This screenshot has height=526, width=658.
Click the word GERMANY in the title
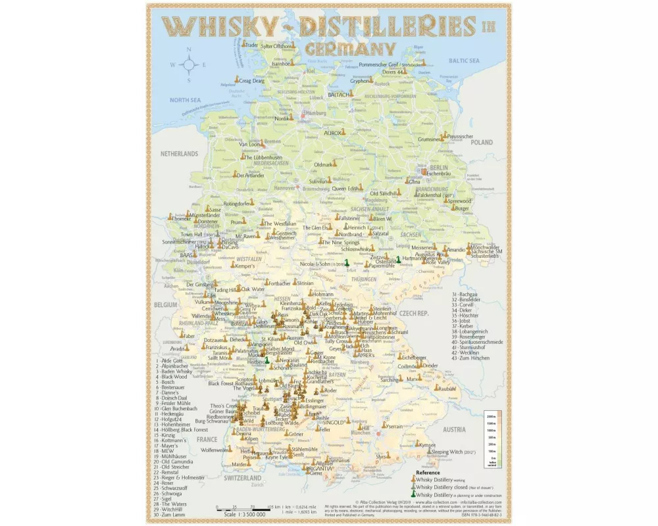coord(349,49)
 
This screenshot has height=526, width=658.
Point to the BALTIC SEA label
coord(465,60)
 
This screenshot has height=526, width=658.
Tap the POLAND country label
coord(481,142)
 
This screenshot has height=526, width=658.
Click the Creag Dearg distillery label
coord(251,81)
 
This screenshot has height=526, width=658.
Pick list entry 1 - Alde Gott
coord(170,361)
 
